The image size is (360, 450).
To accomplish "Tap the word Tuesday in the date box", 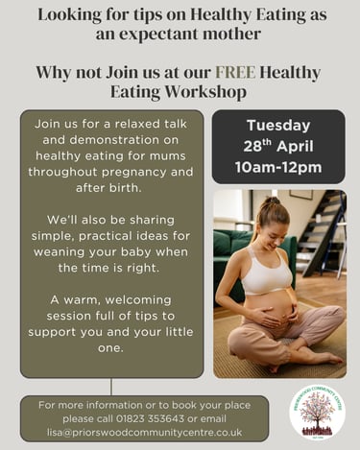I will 277,125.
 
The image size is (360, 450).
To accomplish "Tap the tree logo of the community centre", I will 317,412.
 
